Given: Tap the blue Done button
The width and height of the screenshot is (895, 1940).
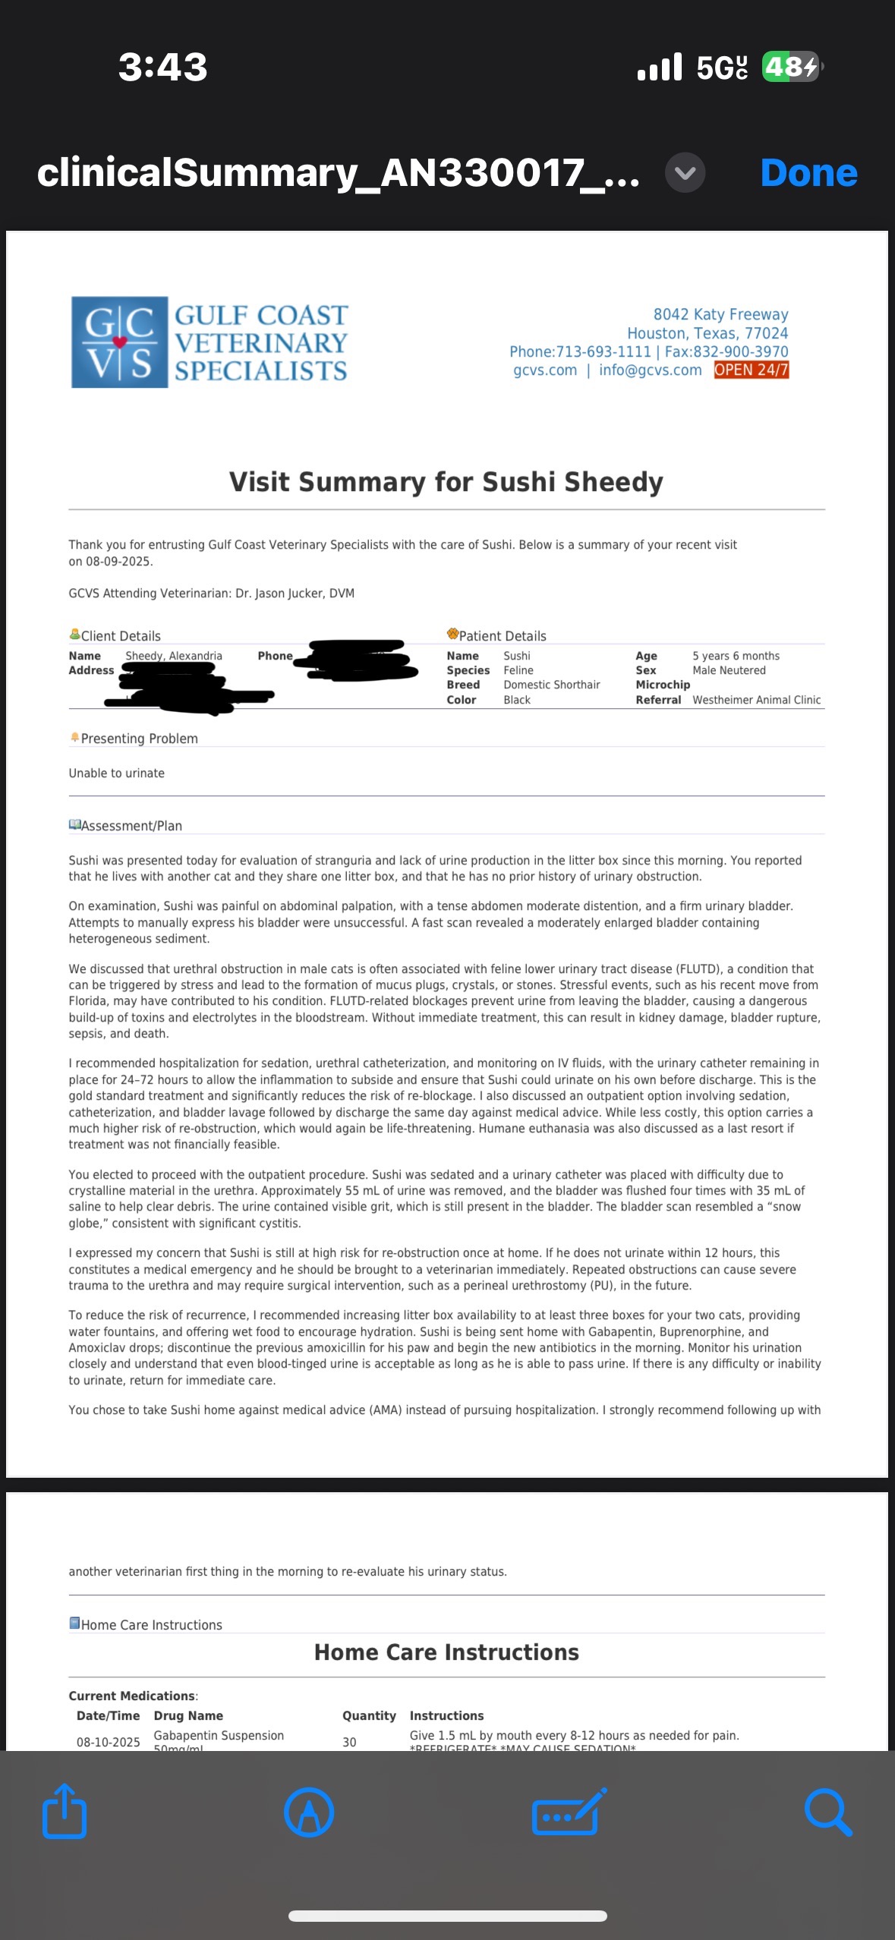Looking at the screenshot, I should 808,173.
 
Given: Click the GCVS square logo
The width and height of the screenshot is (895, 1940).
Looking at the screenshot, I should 119,342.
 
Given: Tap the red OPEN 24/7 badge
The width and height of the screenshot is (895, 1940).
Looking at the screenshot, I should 751,370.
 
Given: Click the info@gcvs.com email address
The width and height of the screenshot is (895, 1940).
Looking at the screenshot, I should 650,370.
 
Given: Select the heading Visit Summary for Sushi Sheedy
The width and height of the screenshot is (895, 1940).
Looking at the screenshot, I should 446,482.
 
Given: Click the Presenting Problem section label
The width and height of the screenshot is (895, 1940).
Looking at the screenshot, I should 139,739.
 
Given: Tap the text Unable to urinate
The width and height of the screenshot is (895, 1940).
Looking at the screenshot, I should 116,773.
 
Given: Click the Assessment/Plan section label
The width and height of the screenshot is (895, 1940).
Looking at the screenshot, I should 131,826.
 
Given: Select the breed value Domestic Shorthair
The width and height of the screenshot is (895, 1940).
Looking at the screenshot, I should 551,685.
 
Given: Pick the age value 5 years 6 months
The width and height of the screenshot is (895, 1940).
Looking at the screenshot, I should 736,656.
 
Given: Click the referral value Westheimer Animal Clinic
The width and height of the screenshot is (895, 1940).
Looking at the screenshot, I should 756,700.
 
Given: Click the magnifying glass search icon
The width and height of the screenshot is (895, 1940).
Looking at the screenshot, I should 827,1812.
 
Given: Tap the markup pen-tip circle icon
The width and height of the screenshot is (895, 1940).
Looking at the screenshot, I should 309,1812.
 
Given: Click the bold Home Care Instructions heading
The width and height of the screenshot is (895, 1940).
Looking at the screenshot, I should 446,1652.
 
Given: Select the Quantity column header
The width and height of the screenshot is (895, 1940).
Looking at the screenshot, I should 369,1715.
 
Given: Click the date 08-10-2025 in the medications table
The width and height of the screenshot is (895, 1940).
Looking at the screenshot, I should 108,1742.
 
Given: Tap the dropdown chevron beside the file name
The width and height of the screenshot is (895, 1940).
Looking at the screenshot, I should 685,173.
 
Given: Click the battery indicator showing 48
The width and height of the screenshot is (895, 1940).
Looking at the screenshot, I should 791,67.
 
